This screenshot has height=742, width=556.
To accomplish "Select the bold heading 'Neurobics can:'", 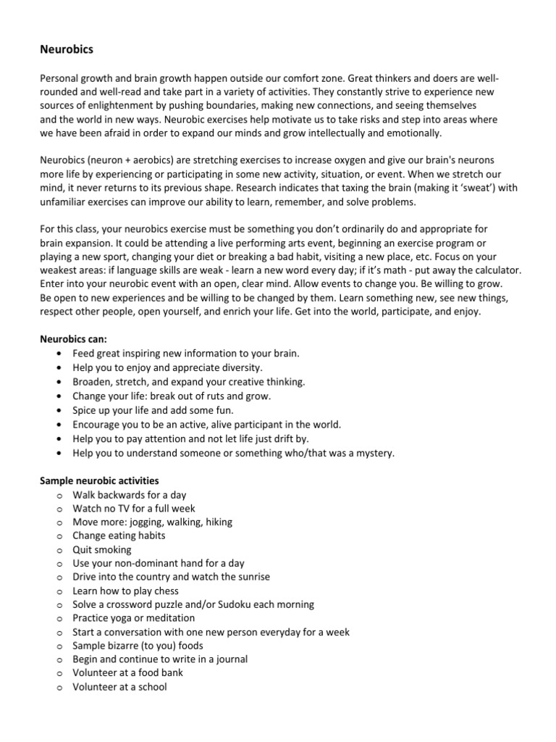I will tap(73, 339).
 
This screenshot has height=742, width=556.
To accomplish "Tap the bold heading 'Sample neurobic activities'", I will tap(99, 480).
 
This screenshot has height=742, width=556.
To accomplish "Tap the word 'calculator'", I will tap(494, 270).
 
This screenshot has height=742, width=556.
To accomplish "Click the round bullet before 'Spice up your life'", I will tap(58, 410).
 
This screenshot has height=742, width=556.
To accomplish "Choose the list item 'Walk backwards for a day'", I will tap(129, 495).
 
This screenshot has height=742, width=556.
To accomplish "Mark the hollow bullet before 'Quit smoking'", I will tap(58, 550).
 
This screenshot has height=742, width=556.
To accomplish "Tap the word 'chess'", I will tap(160, 591).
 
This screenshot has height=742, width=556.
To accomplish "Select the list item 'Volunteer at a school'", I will tap(119, 686).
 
